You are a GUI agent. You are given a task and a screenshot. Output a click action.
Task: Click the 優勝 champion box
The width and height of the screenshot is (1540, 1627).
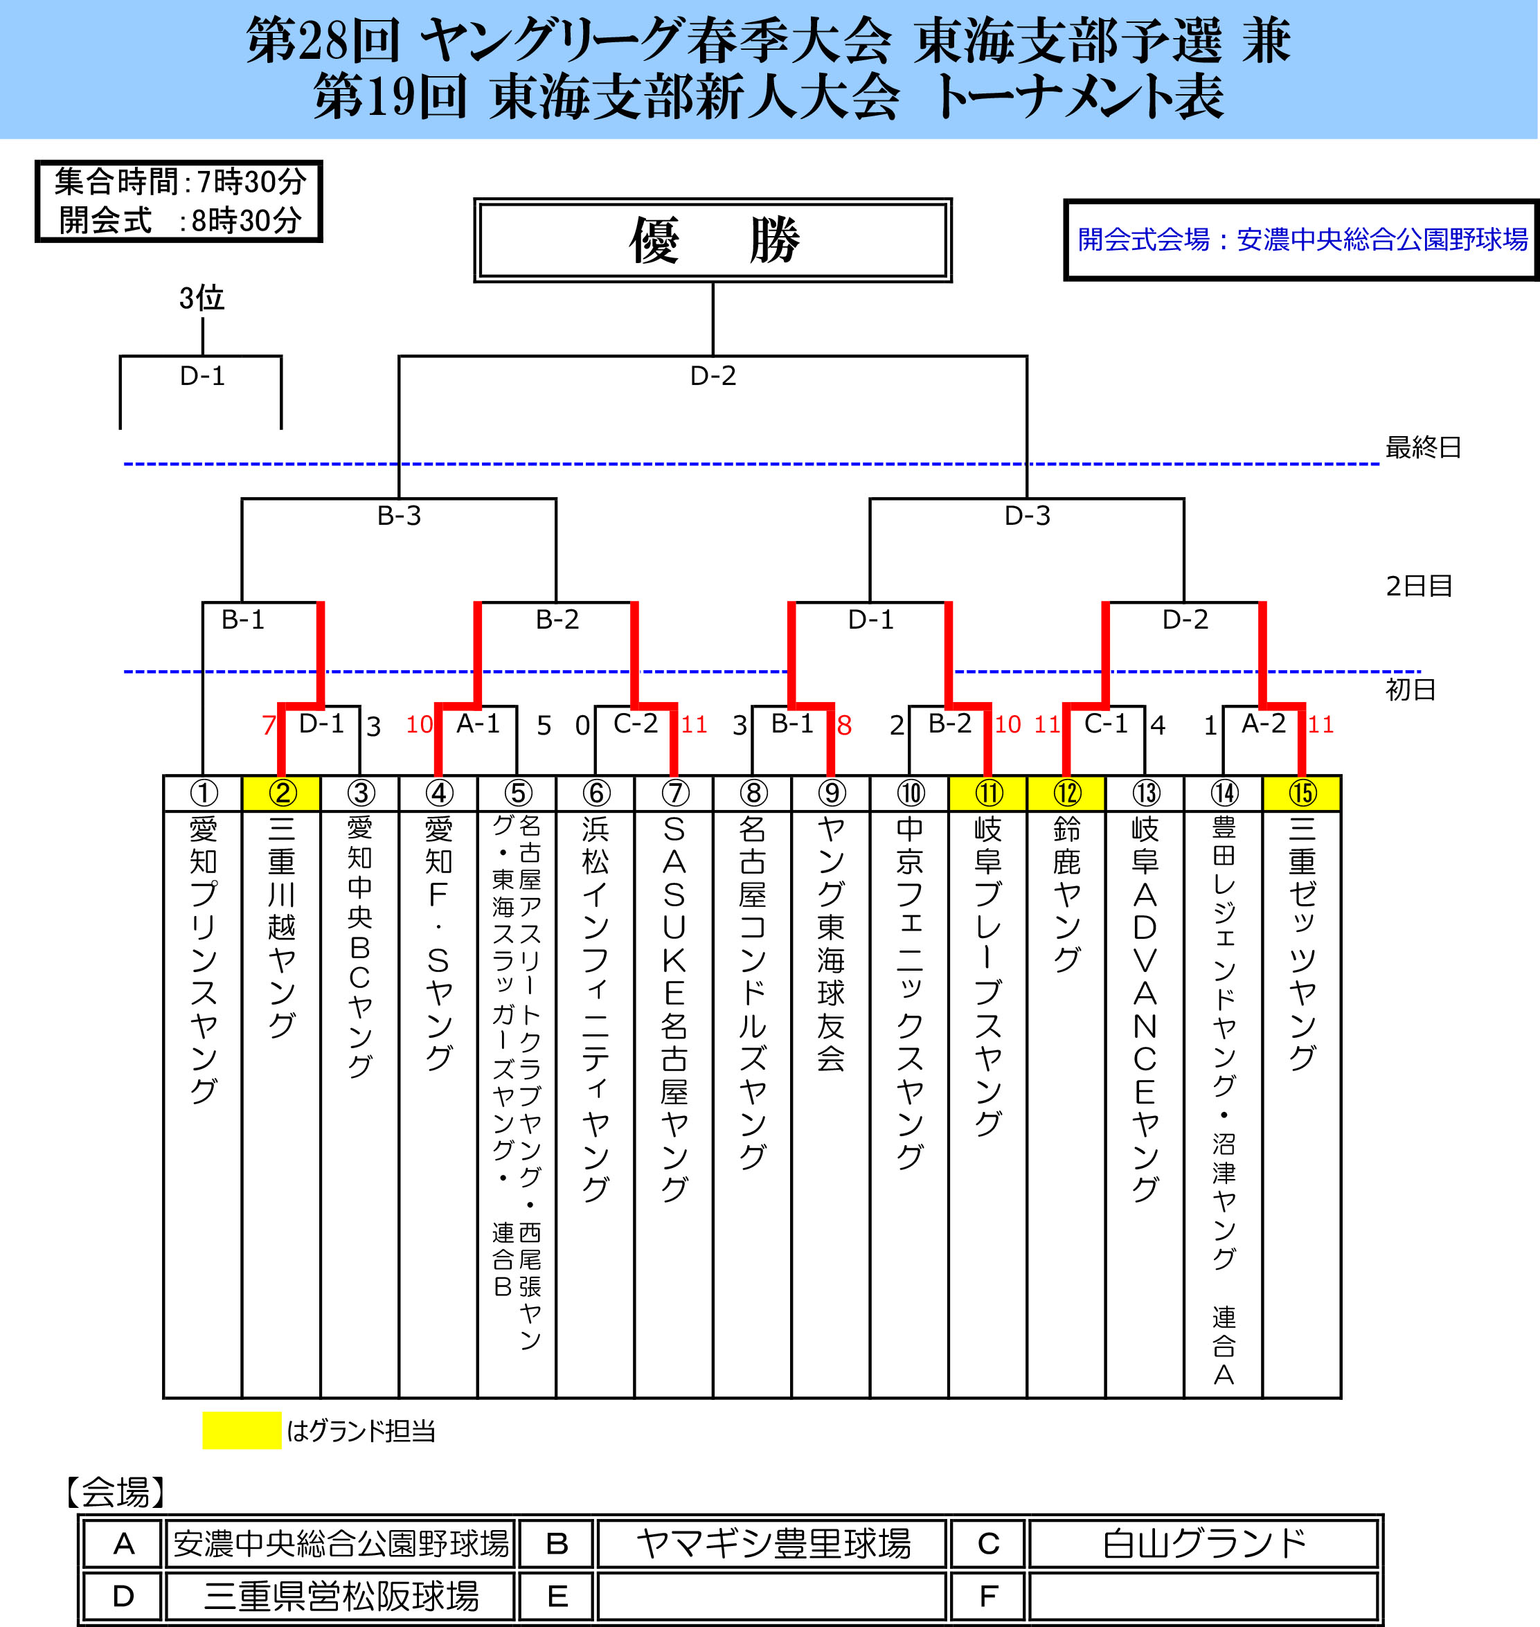click(712, 240)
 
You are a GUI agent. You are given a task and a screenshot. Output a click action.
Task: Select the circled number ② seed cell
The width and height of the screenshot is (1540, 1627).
click(282, 792)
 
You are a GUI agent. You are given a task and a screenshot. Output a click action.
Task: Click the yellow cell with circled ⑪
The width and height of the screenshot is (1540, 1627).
click(987, 792)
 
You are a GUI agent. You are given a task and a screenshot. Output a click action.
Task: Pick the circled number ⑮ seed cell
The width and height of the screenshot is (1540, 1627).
click(1301, 792)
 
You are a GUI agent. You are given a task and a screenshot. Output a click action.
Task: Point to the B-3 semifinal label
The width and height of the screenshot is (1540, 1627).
click(399, 516)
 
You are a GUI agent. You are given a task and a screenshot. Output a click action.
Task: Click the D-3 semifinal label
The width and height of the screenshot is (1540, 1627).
click(1027, 516)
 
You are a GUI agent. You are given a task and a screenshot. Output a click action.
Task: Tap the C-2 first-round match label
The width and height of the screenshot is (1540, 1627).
click(636, 723)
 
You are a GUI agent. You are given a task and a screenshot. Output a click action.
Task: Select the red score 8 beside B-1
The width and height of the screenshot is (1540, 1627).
click(844, 725)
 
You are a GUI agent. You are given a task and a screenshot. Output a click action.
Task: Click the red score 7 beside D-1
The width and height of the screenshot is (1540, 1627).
click(269, 725)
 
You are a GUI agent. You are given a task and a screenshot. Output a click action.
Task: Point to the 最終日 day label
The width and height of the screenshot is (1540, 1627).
click(1422, 447)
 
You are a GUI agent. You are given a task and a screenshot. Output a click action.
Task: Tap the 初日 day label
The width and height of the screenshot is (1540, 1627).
click(1411, 689)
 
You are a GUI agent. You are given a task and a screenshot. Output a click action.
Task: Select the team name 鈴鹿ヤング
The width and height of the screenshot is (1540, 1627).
click(1066, 895)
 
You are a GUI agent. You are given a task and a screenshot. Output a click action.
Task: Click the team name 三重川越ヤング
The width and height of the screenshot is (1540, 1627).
click(282, 928)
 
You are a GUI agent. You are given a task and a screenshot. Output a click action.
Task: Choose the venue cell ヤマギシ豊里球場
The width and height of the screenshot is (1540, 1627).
click(773, 1543)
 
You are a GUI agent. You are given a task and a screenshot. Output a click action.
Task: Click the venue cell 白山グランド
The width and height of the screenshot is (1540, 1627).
click(1203, 1543)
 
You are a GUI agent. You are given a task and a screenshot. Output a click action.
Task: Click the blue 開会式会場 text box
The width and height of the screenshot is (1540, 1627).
click(1301, 240)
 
